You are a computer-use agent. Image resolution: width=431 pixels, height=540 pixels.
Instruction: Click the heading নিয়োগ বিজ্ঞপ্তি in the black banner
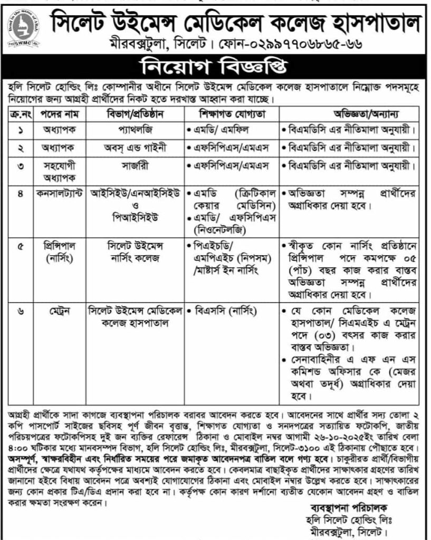215,67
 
